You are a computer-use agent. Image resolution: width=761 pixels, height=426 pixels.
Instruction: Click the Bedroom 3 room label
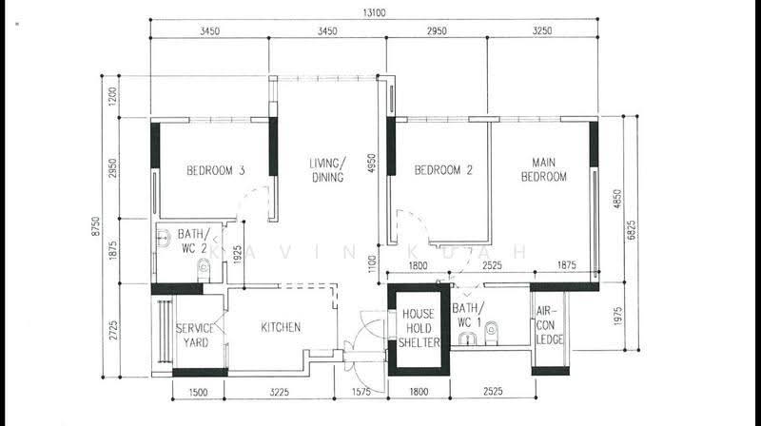[x=216, y=170]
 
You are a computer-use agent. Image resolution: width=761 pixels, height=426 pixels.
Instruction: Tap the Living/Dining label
[x=327, y=170]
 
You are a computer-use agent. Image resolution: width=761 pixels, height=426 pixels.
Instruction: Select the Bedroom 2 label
[x=443, y=170]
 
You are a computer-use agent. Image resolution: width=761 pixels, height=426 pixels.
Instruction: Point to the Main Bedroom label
[x=543, y=169]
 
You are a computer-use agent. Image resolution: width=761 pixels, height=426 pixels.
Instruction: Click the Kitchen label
[x=281, y=327]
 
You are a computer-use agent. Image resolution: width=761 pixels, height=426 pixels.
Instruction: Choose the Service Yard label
[x=195, y=336]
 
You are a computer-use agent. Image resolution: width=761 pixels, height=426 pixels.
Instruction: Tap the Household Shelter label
[x=419, y=328]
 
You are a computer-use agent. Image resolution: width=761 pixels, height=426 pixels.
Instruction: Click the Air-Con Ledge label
[x=550, y=325]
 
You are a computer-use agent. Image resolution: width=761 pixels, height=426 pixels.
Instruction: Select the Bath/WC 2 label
[x=194, y=242]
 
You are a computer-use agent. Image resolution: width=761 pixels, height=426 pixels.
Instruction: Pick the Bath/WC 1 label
[x=468, y=315]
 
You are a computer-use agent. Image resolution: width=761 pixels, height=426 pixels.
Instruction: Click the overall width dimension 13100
[x=374, y=12]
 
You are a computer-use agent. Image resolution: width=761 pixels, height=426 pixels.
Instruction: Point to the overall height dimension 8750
[x=96, y=226]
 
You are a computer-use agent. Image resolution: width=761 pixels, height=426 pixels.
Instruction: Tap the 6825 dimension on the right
[x=631, y=230]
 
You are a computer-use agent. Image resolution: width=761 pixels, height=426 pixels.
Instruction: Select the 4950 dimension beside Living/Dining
[x=372, y=164]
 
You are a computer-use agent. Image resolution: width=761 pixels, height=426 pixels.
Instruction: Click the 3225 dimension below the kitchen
[x=279, y=392]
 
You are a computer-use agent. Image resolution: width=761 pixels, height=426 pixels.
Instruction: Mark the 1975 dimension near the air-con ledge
[x=617, y=316]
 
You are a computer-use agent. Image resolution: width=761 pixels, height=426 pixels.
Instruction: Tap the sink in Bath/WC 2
[x=164, y=238]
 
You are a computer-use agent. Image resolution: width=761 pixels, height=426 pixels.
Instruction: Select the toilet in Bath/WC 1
[x=491, y=333]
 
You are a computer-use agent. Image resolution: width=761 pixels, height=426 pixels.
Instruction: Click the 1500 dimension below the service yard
[x=198, y=392]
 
